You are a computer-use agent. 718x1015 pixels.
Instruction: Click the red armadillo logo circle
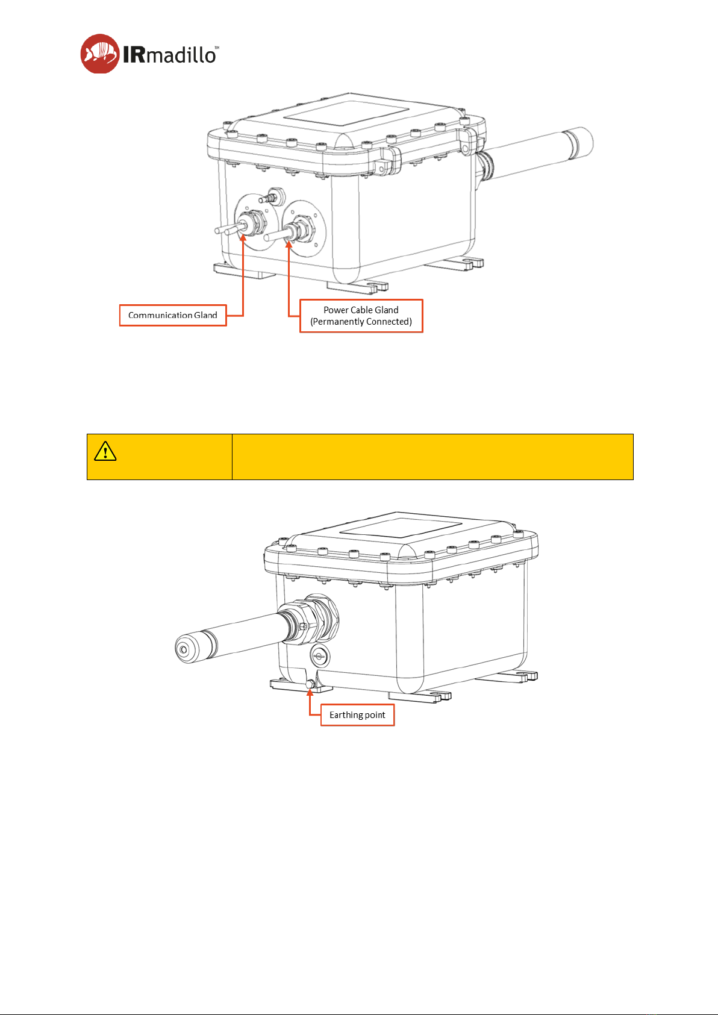pyautogui.click(x=100, y=54)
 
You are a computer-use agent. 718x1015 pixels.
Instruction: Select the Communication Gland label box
pyautogui.click(x=173, y=315)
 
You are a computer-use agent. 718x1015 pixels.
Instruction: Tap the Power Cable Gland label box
pyautogui.click(x=361, y=316)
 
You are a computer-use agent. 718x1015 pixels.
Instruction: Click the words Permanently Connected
pyautogui.click(x=361, y=322)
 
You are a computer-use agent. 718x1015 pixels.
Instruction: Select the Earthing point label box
pyautogui.click(x=357, y=714)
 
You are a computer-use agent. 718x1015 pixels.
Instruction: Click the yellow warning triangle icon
pyautogui.click(x=105, y=451)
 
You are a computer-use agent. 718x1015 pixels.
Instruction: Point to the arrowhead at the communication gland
pyautogui.click(x=243, y=237)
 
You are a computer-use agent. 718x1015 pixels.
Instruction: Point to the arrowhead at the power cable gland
pyautogui.click(x=289, y=245)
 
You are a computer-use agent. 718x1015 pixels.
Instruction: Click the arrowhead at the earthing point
pyautogui.click(x=310, y=692)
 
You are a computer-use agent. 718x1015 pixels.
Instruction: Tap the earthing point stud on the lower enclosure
pyautogui.click(x=310, y=684)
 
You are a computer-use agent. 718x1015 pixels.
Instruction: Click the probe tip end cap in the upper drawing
pyautogui.click(x=578, y=142)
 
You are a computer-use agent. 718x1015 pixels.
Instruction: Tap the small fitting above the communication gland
pyautogui.click(x=272, y=196)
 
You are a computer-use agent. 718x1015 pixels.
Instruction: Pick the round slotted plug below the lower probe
pyautogui.click(x=320, y=657)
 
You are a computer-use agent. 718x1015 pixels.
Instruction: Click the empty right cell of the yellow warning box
pyautogui.click(x=432, y=457)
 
